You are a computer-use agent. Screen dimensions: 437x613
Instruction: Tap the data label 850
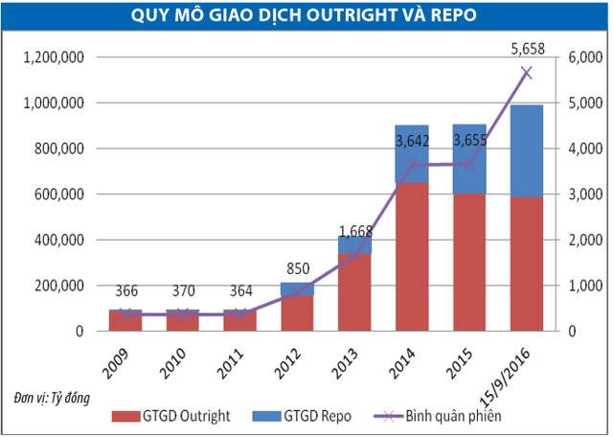point(300,266)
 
